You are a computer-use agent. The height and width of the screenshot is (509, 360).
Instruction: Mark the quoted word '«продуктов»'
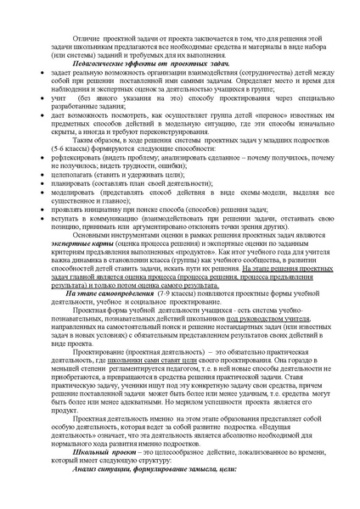[x=198, y=275]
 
